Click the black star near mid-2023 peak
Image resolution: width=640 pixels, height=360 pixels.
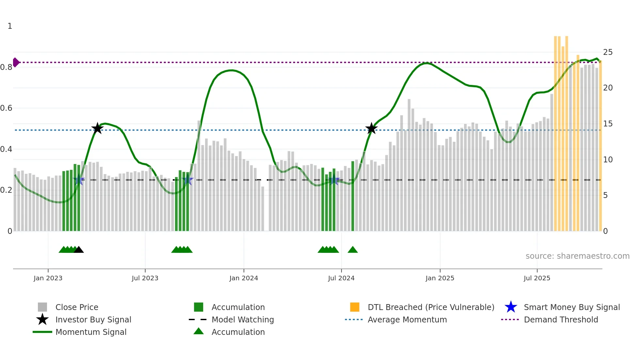point(97,128)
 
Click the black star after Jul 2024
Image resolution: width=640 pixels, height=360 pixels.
point(371,128)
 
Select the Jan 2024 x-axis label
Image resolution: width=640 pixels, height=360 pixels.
point(244,278)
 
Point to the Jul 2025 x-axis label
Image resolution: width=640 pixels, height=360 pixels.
point(537,278)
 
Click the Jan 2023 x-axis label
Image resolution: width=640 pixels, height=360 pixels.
point(48,278)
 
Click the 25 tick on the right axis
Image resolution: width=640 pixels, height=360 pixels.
point(608,52)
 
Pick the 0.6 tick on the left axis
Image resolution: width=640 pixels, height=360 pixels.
point(7,108)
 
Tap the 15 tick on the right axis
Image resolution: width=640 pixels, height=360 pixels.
point(608,124)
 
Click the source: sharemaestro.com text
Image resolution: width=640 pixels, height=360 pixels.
point(577,256)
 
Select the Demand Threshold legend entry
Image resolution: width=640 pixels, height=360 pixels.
point(561,319)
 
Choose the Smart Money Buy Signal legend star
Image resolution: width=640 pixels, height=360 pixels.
point(511,307)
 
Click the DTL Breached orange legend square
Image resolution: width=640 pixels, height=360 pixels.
point(355,307)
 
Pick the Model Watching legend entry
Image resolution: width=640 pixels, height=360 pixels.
point(242,319)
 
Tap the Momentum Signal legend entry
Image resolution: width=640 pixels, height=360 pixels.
point(90,332)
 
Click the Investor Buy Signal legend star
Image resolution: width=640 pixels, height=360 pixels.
point(42,319)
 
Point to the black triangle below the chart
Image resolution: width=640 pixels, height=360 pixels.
point(79,250)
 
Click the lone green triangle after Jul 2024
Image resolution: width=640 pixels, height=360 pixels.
point(353,250)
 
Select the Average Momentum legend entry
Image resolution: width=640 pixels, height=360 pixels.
point(407,319)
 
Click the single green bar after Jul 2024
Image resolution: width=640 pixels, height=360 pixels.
point(353,196)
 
